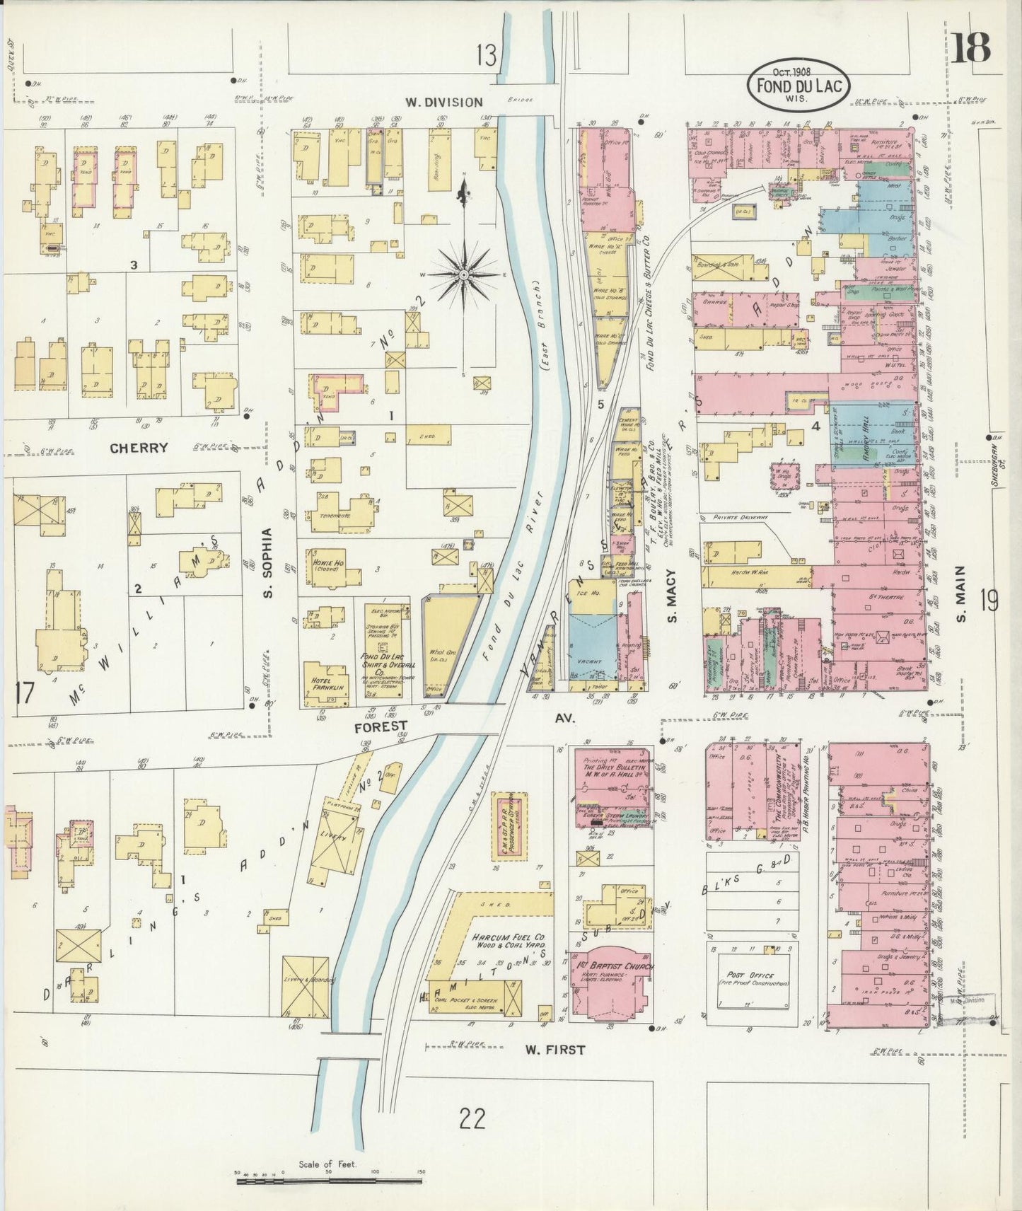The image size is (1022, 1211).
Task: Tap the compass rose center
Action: click(463, 274)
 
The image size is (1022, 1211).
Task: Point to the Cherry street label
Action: click(139, 447)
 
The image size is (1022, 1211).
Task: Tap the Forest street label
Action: click(381, 725)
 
